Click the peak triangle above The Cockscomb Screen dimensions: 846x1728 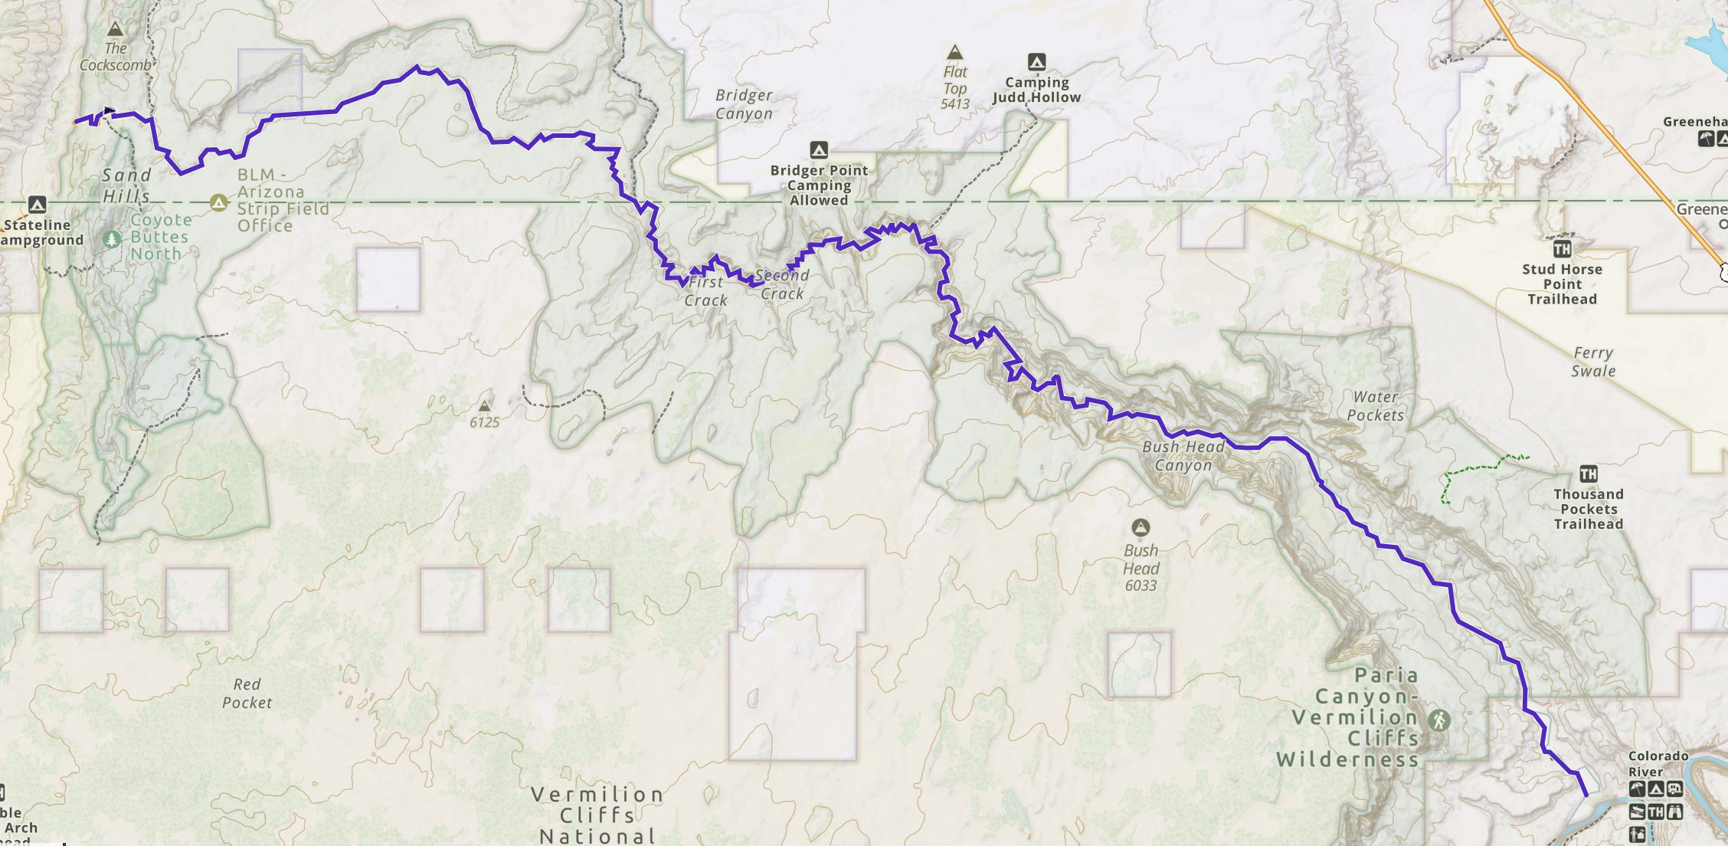coord(116,30)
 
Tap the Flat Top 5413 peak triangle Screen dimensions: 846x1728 coord(954,52)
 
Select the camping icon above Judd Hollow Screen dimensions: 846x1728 coord(1036,62)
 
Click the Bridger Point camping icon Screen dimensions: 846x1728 coord(819,149)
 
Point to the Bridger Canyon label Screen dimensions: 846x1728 coord(744,104)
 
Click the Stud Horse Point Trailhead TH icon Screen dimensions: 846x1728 coord(1562,248)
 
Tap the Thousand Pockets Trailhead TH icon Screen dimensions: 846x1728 coord(1588,474)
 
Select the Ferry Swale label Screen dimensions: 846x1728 coord(1593,362)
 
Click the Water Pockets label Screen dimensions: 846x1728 coord(1376,406)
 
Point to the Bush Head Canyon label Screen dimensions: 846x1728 coord(1183,456)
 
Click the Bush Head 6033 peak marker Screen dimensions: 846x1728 coord(1141,527)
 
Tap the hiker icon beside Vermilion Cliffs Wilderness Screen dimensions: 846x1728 coord(1439,720)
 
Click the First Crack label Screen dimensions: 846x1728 coord(705,291)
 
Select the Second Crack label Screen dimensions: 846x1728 coord(782,284)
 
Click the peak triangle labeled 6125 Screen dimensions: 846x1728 coord(485,406)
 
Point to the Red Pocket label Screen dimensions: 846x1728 coord(247,694)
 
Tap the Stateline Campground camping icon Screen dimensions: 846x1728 coord(38,205)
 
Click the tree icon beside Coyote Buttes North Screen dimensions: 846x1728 coord(112,239)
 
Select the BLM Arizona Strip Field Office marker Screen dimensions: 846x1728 coord(219,203)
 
